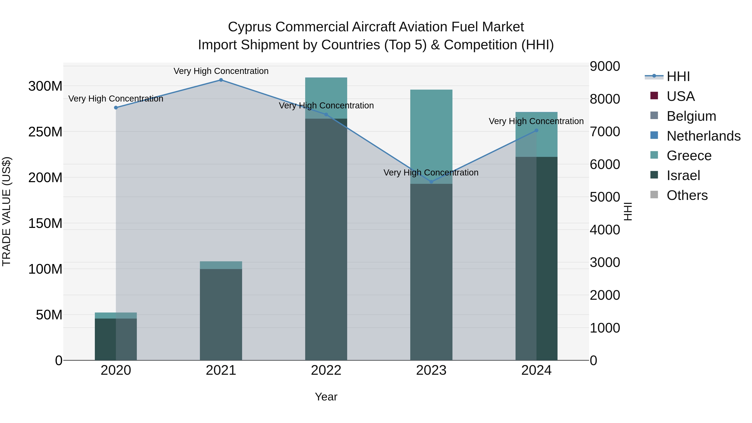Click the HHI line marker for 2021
(x=221, y=80)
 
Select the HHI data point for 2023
(x=432, y=182)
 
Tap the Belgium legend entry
(x=691, y=116)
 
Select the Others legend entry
(x=687, y=195)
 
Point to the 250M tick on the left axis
(x=45, y=132)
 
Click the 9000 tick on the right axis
(x=605, y=66)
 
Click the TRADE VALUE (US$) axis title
(x=7, y=211)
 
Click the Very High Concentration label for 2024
(x=536, y=121)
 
